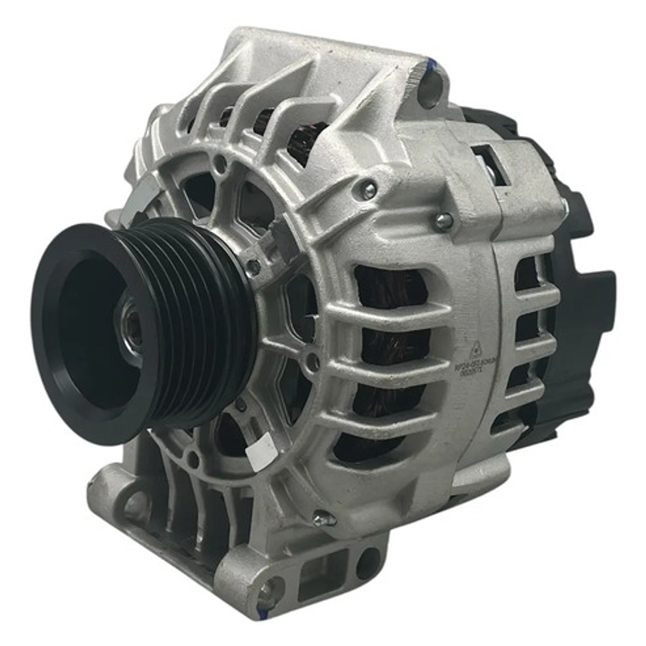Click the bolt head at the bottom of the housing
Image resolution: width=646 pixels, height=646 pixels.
click(323, 518)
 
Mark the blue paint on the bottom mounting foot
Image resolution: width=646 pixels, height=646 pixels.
click(262, 611)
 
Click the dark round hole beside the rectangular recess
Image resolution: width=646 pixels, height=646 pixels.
click(366, 563)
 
